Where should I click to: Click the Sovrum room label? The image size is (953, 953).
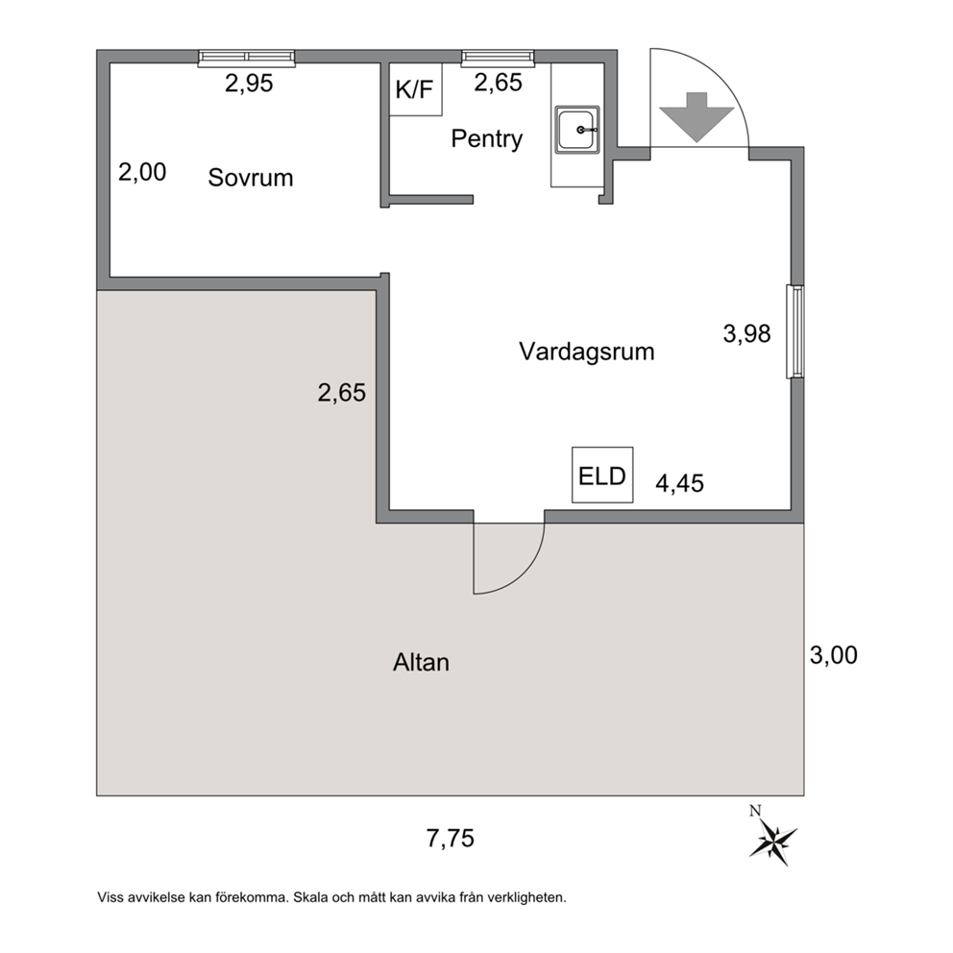(251, 178)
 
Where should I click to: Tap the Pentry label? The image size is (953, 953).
(487, 139)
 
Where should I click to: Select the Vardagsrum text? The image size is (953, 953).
(587, 352)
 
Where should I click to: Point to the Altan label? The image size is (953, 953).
(421, 662)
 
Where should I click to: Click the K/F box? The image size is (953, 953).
(415, 89)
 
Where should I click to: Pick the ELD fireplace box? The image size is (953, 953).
(602, 476)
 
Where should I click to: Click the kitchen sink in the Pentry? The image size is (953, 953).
(577, 130)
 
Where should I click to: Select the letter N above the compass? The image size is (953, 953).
(755, 810)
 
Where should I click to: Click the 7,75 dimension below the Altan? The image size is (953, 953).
(451, 839)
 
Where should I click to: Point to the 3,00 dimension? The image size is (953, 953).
(834, 655)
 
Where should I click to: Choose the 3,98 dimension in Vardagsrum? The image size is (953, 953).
(747, 333)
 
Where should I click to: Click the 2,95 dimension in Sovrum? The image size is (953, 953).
(249, 84)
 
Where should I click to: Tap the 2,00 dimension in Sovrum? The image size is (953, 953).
(142, 173)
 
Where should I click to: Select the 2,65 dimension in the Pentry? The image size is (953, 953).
(498, 83)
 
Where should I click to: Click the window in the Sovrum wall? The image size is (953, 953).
(247, 57)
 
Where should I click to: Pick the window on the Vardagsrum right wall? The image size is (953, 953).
(795, 331)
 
